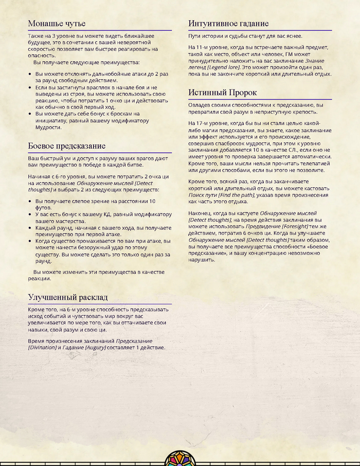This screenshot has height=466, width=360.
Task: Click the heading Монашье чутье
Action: pos(57,24)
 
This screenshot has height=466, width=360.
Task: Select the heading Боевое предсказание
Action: pos(66,146)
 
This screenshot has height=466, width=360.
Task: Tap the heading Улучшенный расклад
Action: pos(67,297)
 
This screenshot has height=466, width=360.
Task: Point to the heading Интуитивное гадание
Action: pos(228,24)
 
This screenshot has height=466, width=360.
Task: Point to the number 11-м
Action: pos(207,48)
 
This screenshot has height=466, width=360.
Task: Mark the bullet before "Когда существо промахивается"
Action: pos(30,240)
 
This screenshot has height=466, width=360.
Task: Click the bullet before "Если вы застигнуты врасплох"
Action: pos(30,88)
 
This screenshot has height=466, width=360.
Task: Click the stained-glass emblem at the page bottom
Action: pos(180,458)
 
